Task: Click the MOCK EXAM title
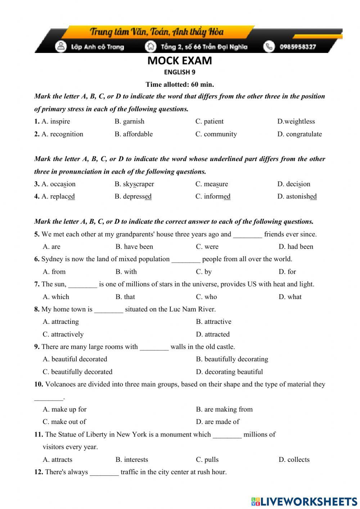click(179, 61)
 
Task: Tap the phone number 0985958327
click(298, 47)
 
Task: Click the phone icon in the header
click(269, 46)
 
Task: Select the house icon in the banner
click(150, 46)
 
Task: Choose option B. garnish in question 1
click(129, 121)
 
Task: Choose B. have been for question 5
click(134, 247)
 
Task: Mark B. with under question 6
click(126, 272)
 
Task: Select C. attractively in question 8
click(63, 334)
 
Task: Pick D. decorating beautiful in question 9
click(229, 372)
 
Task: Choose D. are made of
click(217, 422)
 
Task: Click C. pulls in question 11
click(207, 460)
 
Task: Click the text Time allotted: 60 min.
click(180, 85)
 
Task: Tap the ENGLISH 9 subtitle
click(180, 72)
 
